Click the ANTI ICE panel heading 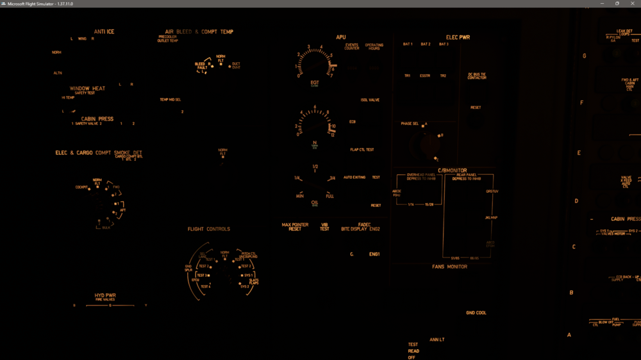pos(104,31)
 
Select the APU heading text pos(341,37)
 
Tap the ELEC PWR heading pos(458,37)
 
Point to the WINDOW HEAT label pos(87,88)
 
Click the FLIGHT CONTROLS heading pos(208,229)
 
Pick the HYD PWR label pos(105,295)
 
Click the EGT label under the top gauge pos(315,82)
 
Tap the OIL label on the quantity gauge pos(315,202)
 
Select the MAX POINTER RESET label pos(295,227)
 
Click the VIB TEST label pos(324,227)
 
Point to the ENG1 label pos(374,254)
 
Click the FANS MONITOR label pos(449,266)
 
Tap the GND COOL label pos(476,313)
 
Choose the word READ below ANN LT pos(413,351)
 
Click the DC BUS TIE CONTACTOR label pos(477,76)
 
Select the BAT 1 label pos(408,44)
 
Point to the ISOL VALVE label pos(370,100)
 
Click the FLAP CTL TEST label pos(362,150)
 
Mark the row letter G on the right pos(584,56)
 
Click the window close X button pos(632,3)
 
